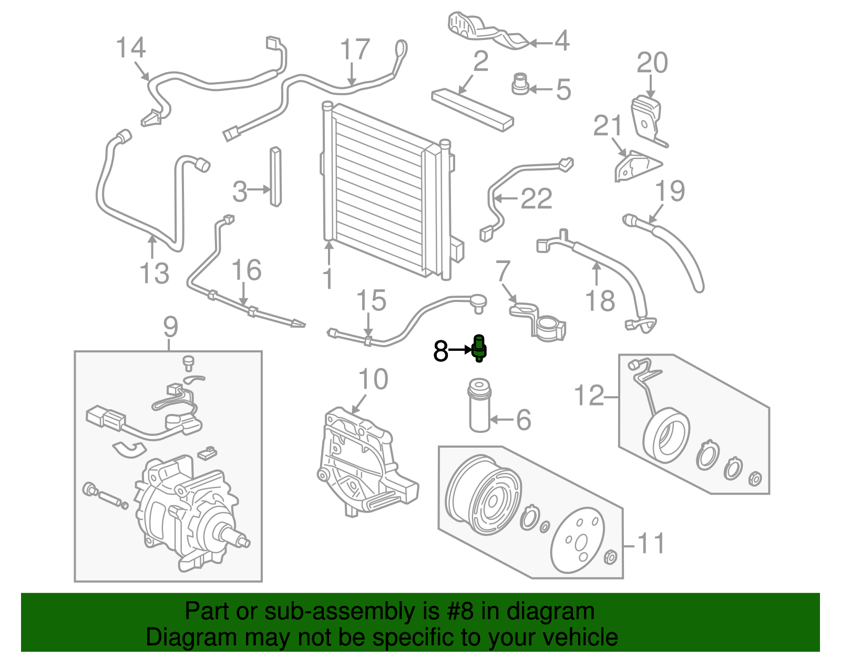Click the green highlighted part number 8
coord(479,348)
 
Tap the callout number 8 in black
coord(440,351)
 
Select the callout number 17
coord(355,50)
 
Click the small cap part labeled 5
coord(520,85)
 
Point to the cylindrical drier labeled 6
coord(479,405)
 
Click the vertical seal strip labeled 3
coord(275,177)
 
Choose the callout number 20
coord(652,63)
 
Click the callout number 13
coord(154,274)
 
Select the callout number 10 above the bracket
coord(373,380)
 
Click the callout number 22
coord(536,199)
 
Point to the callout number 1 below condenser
coord(327,279)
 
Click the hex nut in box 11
coord(610,557)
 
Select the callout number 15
coord(371,300)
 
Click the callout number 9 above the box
coord(170,327)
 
